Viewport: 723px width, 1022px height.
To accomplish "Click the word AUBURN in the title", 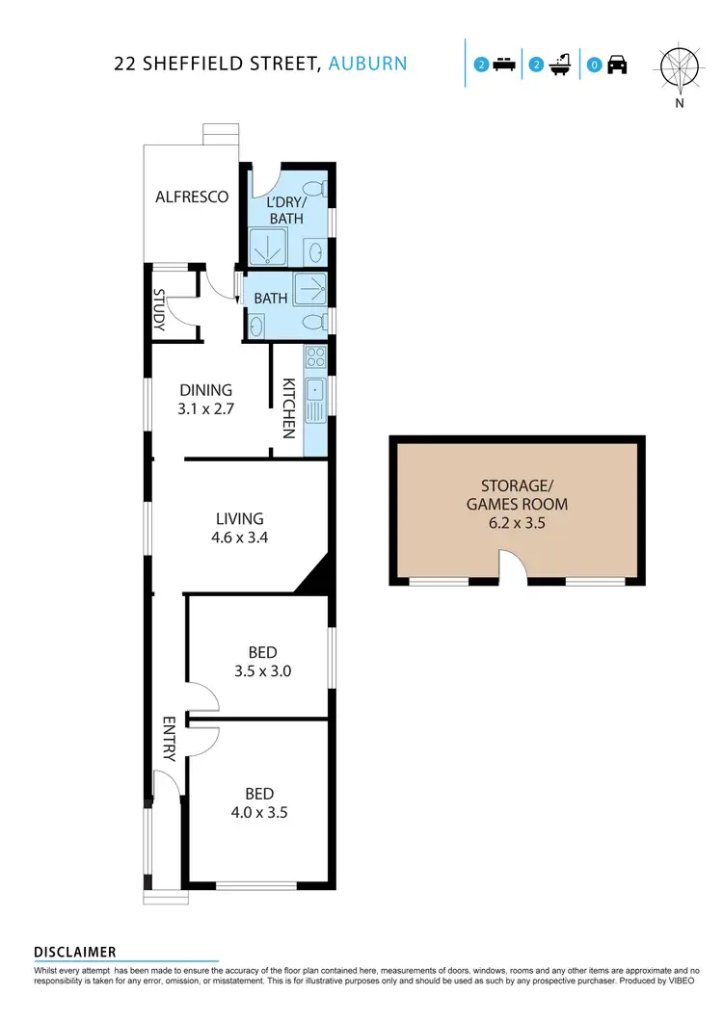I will click(367, 64).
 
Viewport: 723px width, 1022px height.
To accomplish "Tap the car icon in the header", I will click(617, 66).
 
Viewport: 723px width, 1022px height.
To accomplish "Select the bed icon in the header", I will click(503, 66).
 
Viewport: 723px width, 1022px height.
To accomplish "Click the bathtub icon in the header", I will click(560, 66).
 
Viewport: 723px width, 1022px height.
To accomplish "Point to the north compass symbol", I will click(680, 66).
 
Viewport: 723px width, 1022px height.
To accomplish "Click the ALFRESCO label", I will click(192, 197).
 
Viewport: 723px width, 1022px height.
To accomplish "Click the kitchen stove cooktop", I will click(315, 358).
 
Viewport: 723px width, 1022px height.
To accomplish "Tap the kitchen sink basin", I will click(315, 392).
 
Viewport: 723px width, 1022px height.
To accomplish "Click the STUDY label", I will click(160, 308).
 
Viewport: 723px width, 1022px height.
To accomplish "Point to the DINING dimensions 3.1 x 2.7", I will click(206, 407).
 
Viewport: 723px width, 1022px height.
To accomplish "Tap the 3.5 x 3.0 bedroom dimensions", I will click(261, 671).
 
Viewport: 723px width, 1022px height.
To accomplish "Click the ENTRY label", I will click(169, 739).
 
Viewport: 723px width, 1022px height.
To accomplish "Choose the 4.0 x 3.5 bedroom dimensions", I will click(259, 812).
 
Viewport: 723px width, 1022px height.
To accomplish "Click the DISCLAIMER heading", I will click(75, 952).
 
